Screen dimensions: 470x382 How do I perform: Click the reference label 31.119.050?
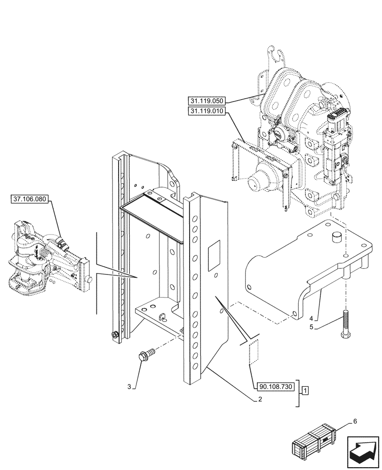tap(207, 101)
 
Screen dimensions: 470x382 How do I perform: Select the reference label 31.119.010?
tap(207, 111)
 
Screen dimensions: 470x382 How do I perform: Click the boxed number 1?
tap(305, 391)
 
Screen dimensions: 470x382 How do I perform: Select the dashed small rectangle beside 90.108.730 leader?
tap(253, 352)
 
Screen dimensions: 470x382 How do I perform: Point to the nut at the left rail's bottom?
tap(113, 334)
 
